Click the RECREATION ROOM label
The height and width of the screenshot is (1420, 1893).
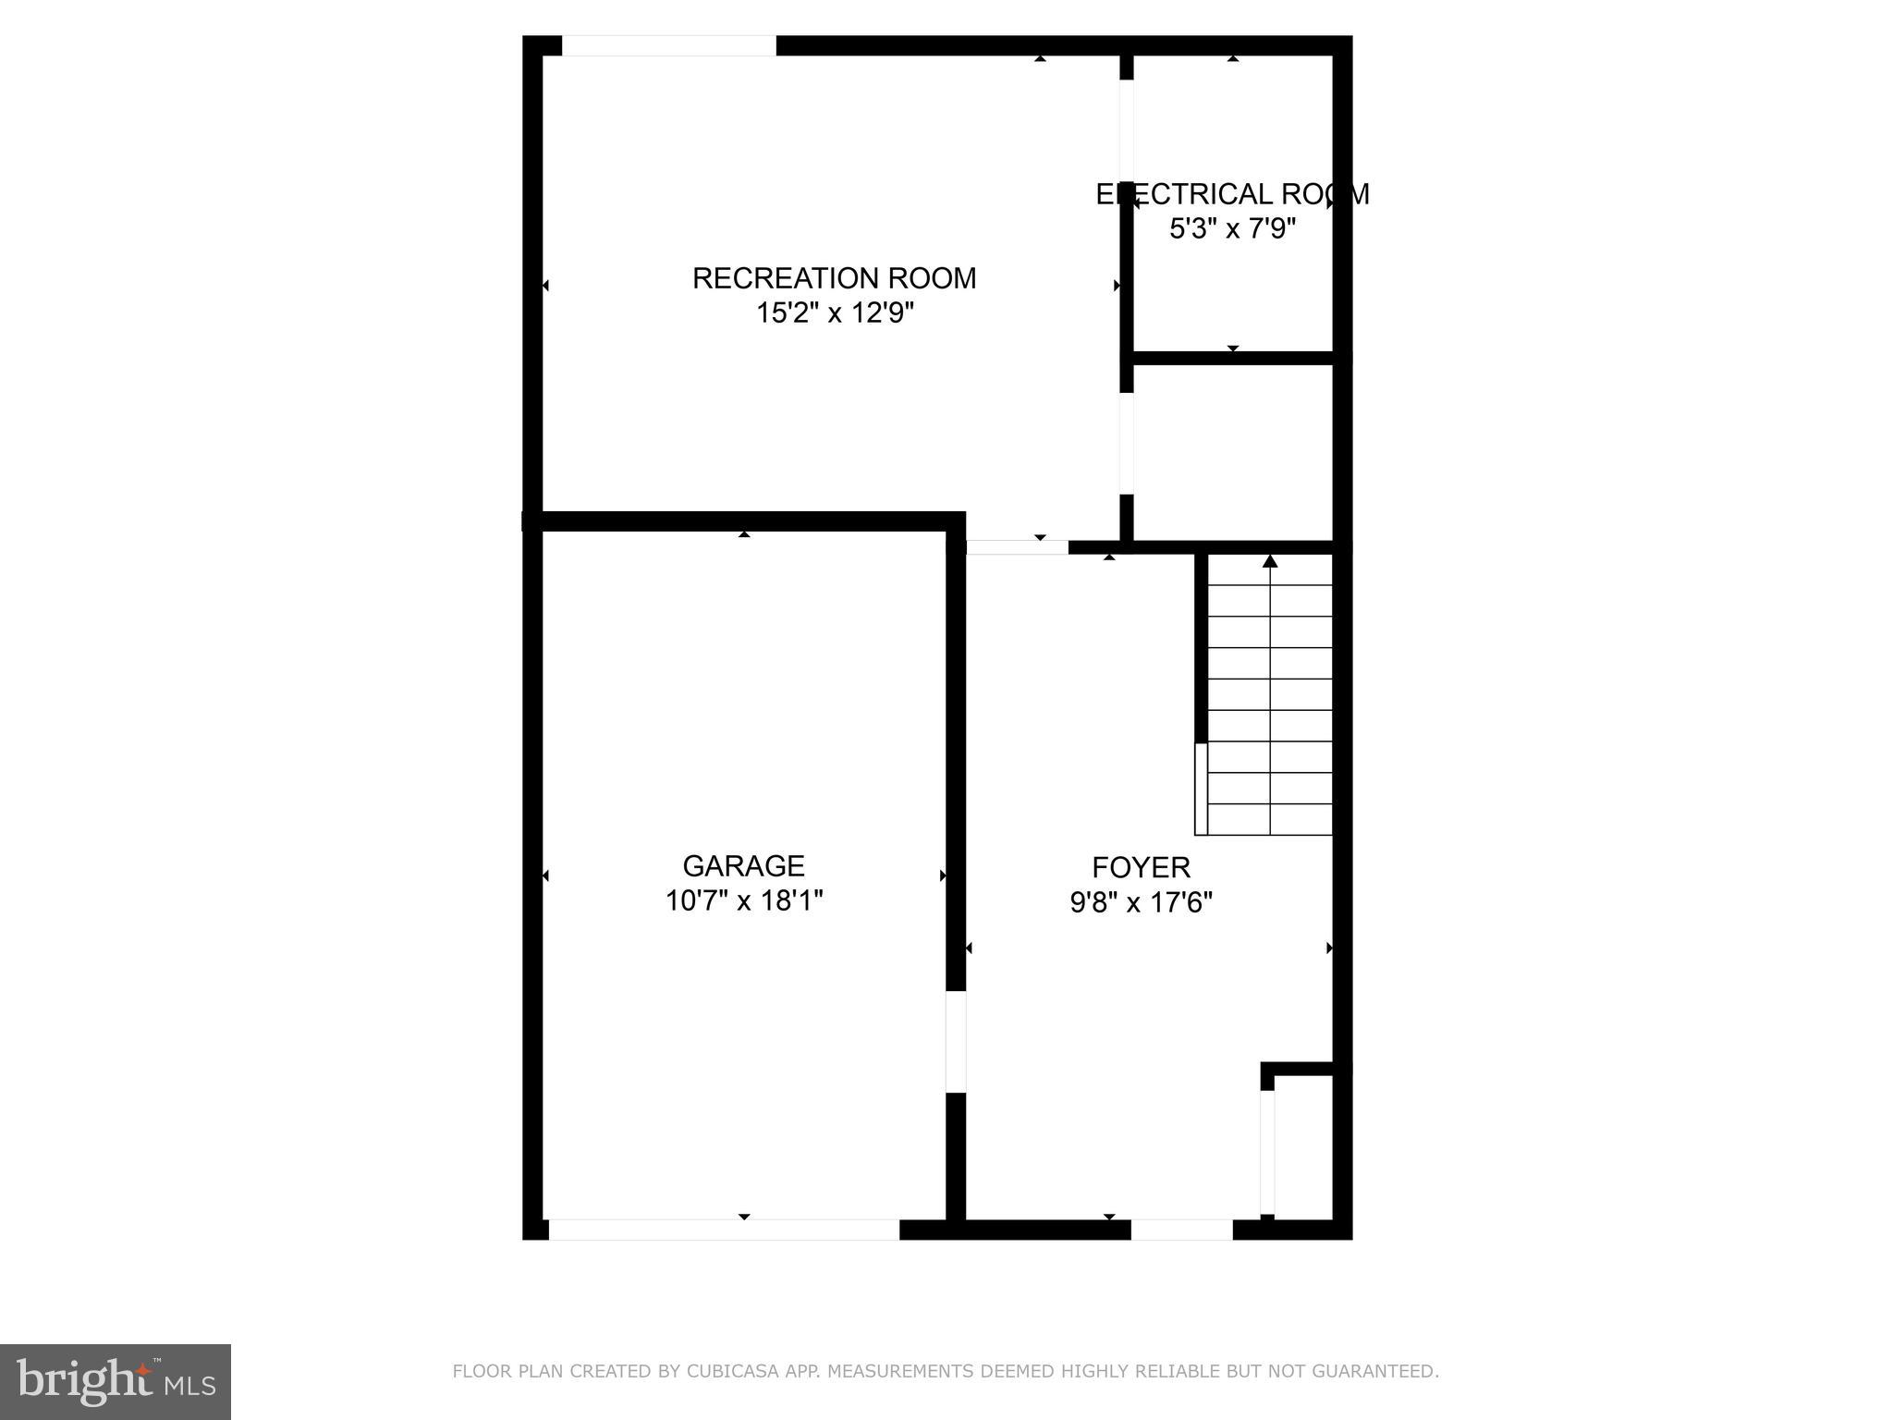pyautogui.click(x=834, y=278)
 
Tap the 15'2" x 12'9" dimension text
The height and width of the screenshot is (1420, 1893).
pyautogui.click(x=835, y=313)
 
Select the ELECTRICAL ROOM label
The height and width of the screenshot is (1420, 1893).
pyautogui.click(x=1232, y=194)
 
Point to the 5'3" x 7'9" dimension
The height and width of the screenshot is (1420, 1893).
pyautogui.click(x=1232, y=228)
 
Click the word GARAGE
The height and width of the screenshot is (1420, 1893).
pyautogui.click(x=743, y=866)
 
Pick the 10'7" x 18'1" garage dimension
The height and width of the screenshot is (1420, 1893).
pyautogui.click(x=743, y=900)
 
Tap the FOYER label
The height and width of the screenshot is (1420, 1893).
pyautogui.click(x=1141, y=867)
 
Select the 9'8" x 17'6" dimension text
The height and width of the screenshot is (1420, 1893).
pyautogui.click(x=1141, y=902)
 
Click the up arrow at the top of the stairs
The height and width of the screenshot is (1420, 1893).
pyautogui.click(x=1270, y=561)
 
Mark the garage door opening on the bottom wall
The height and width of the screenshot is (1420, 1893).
pyautogui.click(x=724, y=1230)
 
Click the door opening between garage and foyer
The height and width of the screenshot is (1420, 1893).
pyautogui.click(x=956, y=1042)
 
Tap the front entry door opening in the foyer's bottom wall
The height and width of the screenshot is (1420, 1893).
pyautogui.click(x=1181, y=1230)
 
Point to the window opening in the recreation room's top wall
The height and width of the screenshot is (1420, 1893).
pyautogui.click(x=668, y=46)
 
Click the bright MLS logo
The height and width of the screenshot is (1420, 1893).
pyautogui.click(x=115, y=1382)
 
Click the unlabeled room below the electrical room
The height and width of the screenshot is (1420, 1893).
pyautogui.click(x=1232, y=451)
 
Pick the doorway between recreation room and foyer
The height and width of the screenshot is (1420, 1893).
pyautogui.click(x=1017, y=547)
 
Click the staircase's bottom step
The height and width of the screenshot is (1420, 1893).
pyautogui.click(x=1270, y=819)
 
